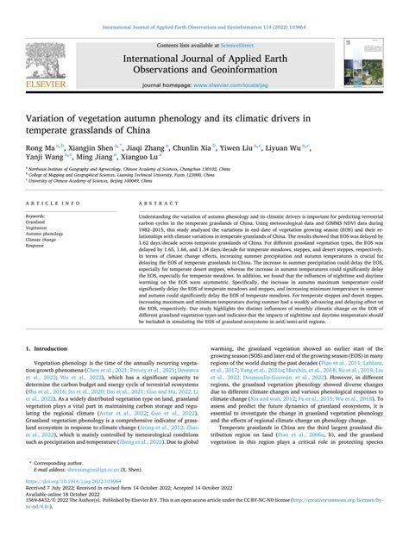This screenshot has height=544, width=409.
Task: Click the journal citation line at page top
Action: (204, 10)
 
